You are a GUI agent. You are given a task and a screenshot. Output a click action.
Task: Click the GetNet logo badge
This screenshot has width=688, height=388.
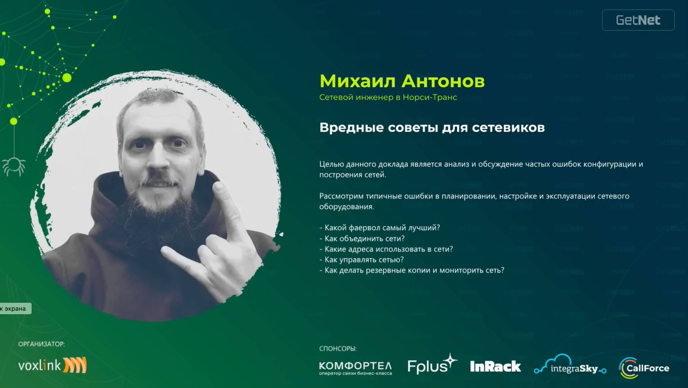click(638, 20)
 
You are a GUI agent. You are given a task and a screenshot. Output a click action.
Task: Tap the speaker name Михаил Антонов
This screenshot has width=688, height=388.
click(402, 81)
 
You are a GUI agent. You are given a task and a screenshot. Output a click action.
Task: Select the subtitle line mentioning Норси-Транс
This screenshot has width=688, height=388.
click(388, 97)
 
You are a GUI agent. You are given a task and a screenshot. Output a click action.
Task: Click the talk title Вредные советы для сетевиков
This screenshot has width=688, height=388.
click(432, 128)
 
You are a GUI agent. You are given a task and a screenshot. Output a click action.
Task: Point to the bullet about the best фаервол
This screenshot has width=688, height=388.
click(380, 228)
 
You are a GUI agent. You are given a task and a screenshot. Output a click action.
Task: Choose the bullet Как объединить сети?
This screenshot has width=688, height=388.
click(362, 238)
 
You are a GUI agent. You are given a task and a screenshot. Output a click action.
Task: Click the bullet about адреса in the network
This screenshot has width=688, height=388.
click(386, 249)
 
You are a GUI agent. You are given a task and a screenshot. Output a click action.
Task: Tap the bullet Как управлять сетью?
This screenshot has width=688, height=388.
click(362, 260)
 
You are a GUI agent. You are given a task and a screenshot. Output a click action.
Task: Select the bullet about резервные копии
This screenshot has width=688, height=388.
click(412, 270)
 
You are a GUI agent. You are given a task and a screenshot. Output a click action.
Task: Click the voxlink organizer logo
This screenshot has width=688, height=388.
click(52, 365)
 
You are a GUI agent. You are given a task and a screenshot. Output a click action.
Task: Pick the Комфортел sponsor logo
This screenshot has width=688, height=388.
click(355, 368)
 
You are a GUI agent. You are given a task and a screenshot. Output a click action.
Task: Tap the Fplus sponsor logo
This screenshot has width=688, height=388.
click(432, 365)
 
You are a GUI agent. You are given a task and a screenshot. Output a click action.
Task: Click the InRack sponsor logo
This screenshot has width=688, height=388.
click(495, 366)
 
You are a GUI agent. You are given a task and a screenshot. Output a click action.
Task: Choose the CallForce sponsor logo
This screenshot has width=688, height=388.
click(644, 368)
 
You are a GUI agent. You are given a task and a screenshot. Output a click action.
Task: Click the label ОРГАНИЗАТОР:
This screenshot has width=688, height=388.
click(42, 344)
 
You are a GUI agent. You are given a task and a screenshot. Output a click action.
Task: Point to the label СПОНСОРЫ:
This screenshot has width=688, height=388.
click(338, 349)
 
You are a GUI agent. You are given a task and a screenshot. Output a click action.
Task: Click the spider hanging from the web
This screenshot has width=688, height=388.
click(14, 166)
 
